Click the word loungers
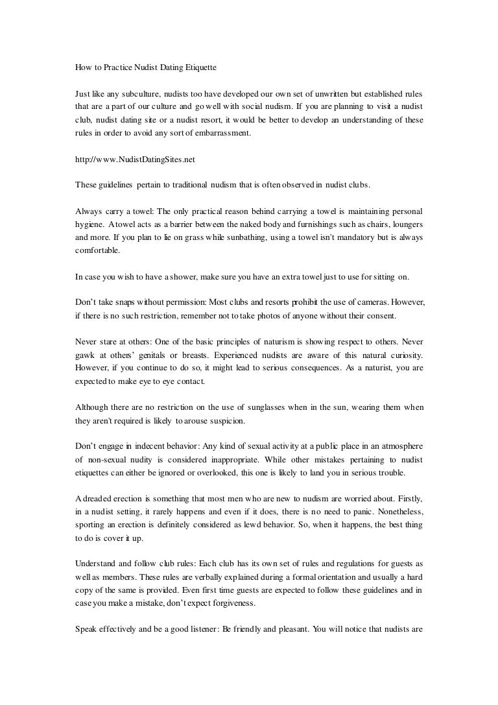(x=405, y=225)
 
